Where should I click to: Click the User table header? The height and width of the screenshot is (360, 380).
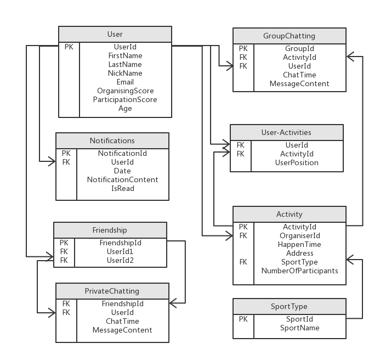pyautogui.click(x=115, y=35)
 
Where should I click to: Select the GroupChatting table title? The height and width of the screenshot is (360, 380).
pyautogui.click(x=289, y=36)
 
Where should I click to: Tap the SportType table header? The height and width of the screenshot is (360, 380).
pyautogui.click(x=289, y=306)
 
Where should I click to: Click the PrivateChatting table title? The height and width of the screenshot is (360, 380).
pyautogui.click(x=112, y=291)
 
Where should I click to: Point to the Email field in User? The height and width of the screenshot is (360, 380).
pyautogui.click(x=125, y=82)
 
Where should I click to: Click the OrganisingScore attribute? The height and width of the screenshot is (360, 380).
pyautogui.click(x=125, y=91)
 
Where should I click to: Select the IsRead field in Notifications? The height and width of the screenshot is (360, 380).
pyautogui.click(x=122, y=189)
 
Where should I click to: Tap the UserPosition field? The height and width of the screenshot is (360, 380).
pyautogui.click(x=297, y=163)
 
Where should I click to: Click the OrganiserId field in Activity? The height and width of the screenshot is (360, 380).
pyautogui.click(x=299, y=236)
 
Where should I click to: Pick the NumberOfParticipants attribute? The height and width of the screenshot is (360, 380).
pyautogui.click(x=299, y=271)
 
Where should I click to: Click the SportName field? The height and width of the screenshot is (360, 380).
pyautogui.click(x=299, y=328)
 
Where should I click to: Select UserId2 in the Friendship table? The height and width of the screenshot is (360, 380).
pyautogui.click(x=120, y=260)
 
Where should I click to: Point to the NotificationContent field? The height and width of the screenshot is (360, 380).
pyautogui.click(x=122, y=180)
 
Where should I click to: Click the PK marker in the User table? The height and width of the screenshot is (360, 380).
pyautogui.click(x=69, y=47)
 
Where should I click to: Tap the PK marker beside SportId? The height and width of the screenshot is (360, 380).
pyautogui.click(x=243, y=319)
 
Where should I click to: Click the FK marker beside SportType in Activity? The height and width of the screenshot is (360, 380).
pyautogui.click(x=243, y=262)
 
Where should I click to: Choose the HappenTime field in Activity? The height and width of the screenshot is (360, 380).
pyautogui.click(x=299, y=245)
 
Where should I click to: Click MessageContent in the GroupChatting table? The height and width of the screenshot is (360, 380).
pyautogui.click(x=299, y=84)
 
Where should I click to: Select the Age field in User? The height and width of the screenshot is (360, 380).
pyautogui.click(x=125, y=109)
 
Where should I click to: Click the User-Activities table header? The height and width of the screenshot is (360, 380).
pyautogui.click(x=286, y=132)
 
